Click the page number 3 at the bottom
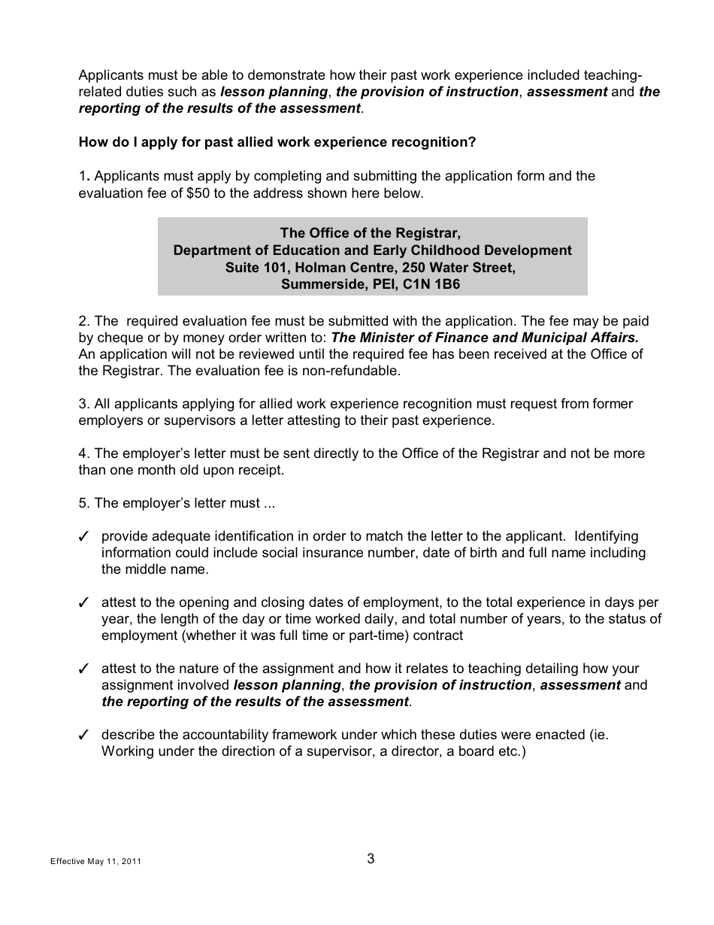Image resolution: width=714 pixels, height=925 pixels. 371,859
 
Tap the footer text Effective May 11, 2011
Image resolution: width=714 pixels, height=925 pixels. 95,862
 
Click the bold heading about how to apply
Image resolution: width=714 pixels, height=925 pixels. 277,142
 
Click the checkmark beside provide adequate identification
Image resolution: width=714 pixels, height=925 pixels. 84,537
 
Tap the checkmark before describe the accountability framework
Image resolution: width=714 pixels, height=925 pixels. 84,735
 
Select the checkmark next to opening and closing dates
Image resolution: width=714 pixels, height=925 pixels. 84,603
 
